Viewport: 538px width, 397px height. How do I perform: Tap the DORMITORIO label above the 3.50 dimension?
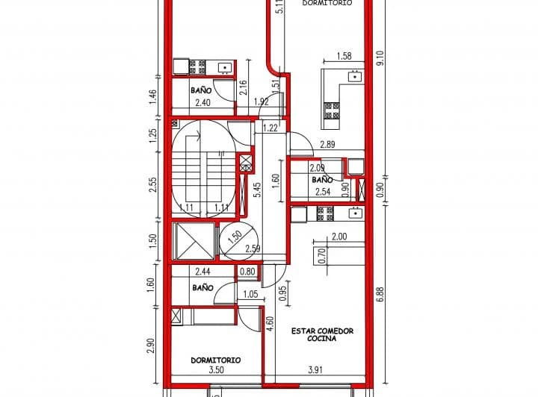(215, 360)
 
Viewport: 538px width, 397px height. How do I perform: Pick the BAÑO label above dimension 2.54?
(322, 181)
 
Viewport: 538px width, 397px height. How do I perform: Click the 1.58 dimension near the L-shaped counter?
(344, 56)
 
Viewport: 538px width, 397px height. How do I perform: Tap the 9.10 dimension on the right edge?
(380, 58)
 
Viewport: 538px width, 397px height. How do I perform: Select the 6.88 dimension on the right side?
(380, 293)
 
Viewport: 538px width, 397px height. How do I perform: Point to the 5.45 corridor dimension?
(257, 190)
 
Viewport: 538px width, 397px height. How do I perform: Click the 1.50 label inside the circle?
(235, 239)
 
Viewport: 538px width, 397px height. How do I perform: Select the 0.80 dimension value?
(247, 272)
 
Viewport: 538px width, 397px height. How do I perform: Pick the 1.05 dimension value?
(252, 295)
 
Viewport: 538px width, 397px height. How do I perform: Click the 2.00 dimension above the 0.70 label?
(339, 237)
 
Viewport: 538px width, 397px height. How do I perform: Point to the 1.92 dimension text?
(261, 101)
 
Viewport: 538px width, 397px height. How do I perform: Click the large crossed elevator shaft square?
(193, 240)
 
